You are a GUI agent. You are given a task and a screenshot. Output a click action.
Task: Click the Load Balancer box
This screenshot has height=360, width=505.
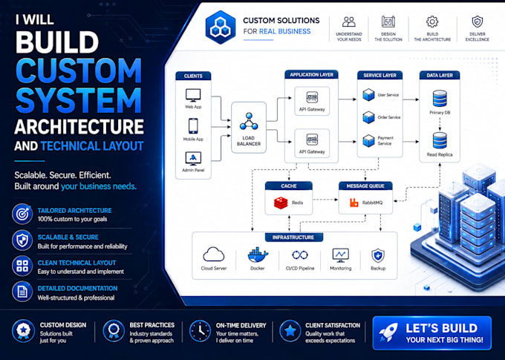point(249,128)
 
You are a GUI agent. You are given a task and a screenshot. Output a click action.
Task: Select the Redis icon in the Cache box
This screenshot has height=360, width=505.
point(281,203)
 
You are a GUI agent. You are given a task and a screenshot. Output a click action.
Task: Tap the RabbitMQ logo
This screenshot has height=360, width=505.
point(354,203)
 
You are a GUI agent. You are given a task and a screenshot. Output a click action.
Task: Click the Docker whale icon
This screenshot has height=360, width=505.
point(258,255)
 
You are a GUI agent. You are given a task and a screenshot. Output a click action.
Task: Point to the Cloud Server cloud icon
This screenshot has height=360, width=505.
point(214,255)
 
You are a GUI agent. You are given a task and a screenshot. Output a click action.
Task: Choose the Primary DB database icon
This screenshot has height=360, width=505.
point(440,98)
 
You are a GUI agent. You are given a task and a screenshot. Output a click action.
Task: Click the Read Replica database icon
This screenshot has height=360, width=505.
point(440,140)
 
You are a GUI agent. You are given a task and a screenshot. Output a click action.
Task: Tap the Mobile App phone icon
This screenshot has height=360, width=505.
point(193,126)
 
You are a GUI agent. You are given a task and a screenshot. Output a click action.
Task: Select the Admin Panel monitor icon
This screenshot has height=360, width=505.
point(193,158)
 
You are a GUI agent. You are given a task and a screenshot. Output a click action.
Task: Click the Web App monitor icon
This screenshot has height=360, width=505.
point(193,95)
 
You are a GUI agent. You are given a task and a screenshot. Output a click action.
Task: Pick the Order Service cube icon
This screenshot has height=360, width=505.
point(368,117)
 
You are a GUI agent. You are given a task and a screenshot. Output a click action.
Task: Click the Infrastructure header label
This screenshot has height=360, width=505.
point(293,238)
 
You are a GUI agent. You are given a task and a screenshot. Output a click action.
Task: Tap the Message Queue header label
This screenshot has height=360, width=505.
point(365,186)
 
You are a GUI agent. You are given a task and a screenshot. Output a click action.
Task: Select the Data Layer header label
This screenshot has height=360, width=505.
point(440,76)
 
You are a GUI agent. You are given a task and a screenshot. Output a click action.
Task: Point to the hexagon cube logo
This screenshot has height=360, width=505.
point(221,27)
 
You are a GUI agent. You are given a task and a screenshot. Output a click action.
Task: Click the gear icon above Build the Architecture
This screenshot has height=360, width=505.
point(432,22)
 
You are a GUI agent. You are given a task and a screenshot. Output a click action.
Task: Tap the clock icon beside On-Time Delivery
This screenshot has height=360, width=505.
point(201,331)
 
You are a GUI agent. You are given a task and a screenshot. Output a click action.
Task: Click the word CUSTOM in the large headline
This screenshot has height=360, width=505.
point(79,71)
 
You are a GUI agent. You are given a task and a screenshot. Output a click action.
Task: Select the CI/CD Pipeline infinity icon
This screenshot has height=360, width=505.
point(300,255)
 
